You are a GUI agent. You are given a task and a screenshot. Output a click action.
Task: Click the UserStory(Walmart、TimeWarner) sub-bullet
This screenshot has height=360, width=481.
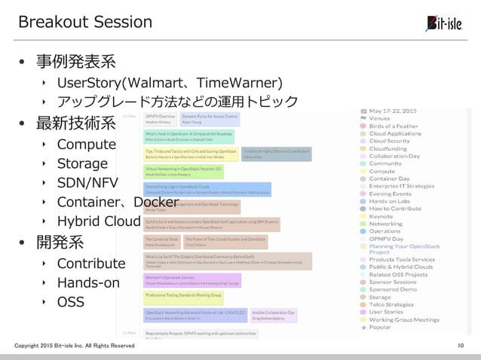pos(170,81)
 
